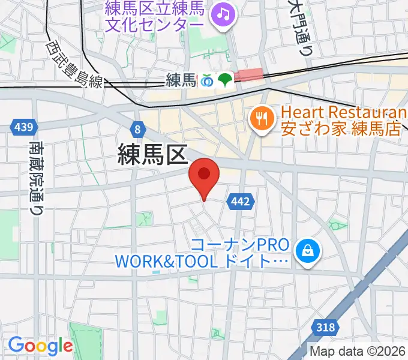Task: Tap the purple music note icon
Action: (224, 13)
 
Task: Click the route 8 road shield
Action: (139, 129)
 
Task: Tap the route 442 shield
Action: (239, 202)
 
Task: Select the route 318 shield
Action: (324, 327)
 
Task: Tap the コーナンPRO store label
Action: (240, 245)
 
